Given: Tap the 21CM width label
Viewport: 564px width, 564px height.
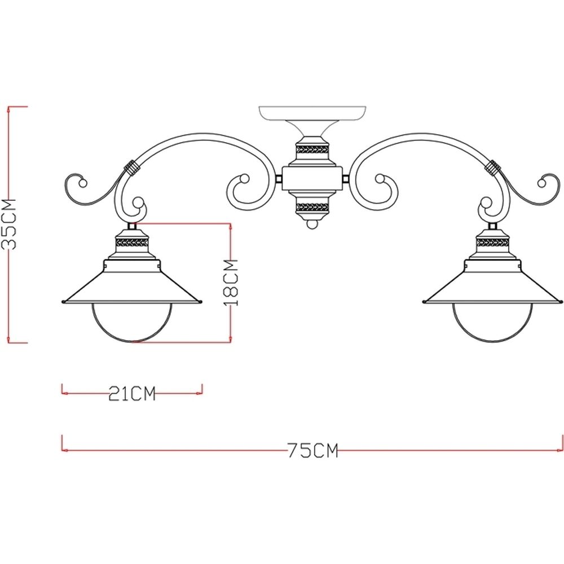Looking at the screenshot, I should click(x=131, y=393).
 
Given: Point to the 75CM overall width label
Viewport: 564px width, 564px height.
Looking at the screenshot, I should click(x=312, y=450).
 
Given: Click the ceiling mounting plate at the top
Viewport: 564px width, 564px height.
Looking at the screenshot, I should click(x=312, y=113).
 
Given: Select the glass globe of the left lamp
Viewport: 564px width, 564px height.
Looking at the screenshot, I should click(x=131, y=323).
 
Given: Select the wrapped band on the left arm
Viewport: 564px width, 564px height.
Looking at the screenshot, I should click(x=132, y=168).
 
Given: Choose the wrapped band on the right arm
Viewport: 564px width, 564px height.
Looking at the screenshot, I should click(x=493, y=168).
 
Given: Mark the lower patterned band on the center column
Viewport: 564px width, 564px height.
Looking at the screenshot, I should click(x=312, y=206).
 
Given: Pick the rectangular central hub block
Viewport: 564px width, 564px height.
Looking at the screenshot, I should click(x=312, y=179).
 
